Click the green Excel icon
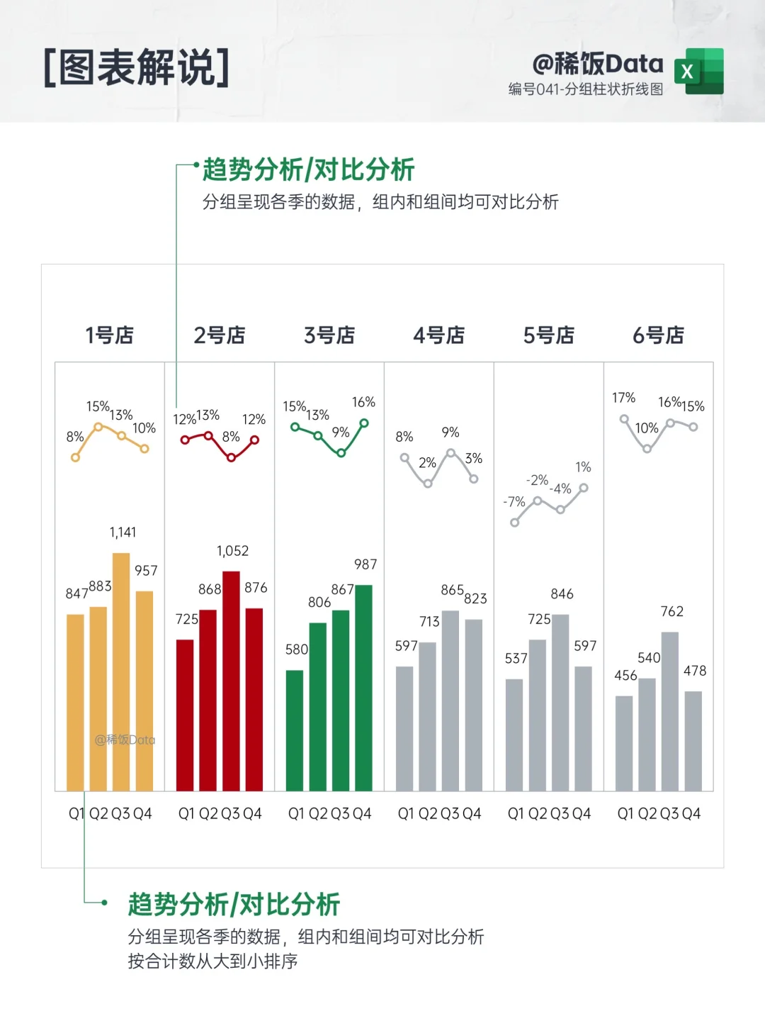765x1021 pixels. coord(699,71)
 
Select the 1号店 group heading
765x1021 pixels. coord(110,335)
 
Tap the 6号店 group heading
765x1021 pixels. coord(658,335)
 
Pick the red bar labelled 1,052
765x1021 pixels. coord(231,681)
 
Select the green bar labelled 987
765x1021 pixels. coord(363,688)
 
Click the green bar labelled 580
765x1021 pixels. coord(295,730)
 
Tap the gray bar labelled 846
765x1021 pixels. coord(560,702)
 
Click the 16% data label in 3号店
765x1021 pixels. coord(363,402)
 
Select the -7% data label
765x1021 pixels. coord(514,501)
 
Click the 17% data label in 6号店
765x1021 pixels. coord(623,398)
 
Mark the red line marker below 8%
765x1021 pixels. coord(231,457)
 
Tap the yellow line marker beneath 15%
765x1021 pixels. coord(98,427)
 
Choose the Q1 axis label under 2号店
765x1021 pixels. coord(186,813)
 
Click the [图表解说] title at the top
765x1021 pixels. coord(137,68)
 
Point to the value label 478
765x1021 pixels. coord(694,671)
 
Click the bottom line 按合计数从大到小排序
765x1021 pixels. coord(212,961)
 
